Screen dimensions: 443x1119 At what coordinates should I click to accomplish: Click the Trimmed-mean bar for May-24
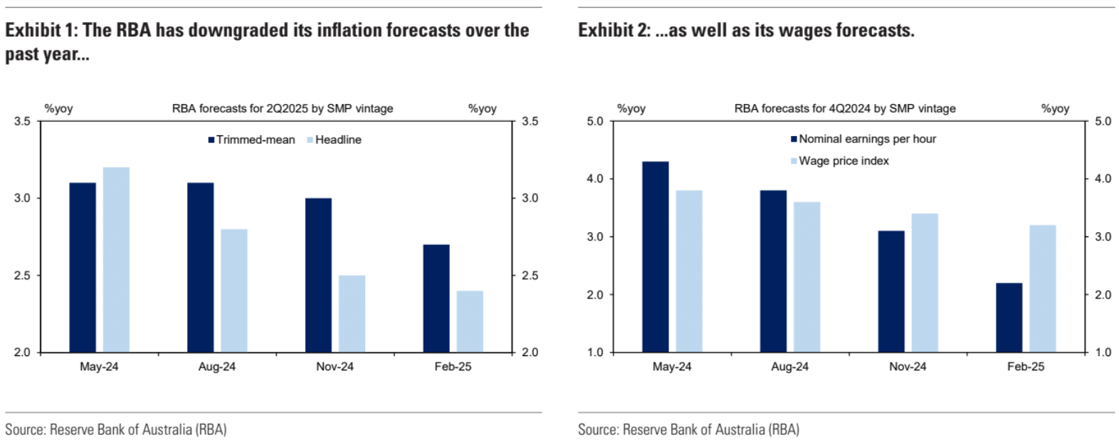point(83,267)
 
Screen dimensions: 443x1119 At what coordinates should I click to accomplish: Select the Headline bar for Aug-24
point(234,291)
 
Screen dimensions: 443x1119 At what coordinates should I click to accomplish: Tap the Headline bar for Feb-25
point(470,321)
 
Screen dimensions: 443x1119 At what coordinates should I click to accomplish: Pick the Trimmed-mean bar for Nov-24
point(318,275)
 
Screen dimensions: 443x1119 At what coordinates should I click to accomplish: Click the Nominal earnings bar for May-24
point(656,257)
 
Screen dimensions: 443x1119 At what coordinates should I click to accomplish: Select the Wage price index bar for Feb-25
point(1043,288)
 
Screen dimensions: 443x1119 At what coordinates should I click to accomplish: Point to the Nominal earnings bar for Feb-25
point(1009,318)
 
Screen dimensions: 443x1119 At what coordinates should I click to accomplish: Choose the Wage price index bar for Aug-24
point(807,277)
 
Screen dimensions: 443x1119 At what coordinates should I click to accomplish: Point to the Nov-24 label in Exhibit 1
point(335,367)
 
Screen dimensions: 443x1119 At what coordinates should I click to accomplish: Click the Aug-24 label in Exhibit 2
point(789,367)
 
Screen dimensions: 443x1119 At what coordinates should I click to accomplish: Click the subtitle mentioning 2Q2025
point(282,108)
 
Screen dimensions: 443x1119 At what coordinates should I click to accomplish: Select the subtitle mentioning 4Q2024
point(845,108)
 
